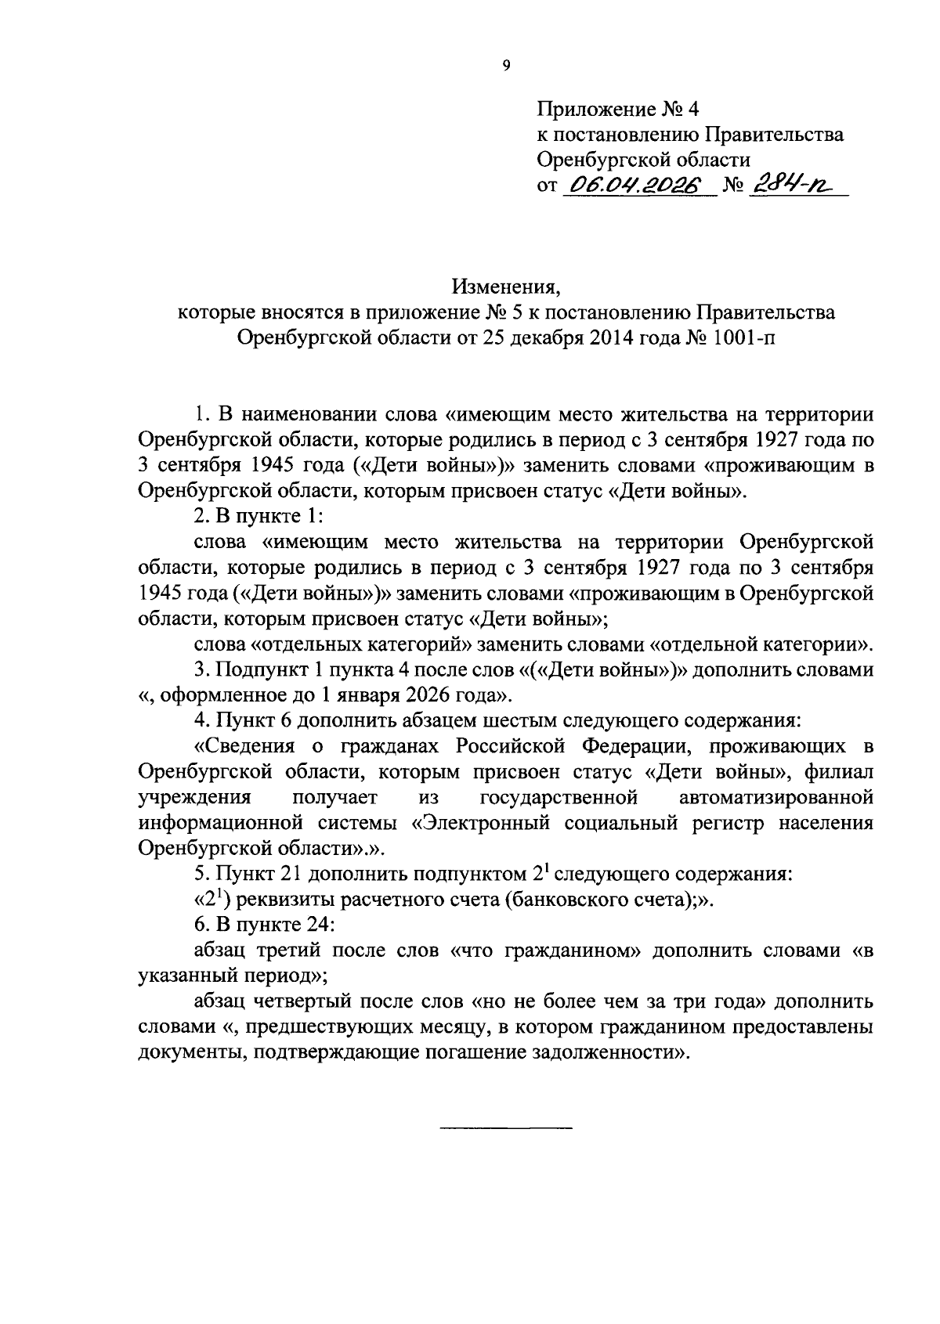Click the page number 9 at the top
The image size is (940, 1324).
pyautogui.click(x=505, y=66)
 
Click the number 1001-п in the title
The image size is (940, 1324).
pyautogui.click(x=739, y=337)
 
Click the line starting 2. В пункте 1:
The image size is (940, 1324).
pyautogui.click(x=258, y=518)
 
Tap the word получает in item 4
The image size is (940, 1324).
pyautogui.click(x=334, y=798)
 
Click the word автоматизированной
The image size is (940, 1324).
pyautogui.click(x=776, y=798)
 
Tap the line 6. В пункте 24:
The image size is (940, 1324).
pyautogui.click(x=265, y=925)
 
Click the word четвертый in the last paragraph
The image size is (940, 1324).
pyautogui.click(x=299, y=1002)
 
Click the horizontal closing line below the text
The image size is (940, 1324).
pyautogui.click(x=505, y=1127)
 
